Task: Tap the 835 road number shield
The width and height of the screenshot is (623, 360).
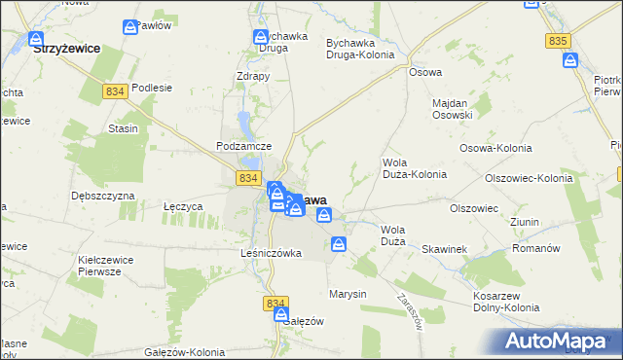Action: point(558,40)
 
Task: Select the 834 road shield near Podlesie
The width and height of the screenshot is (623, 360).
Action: point(115,90)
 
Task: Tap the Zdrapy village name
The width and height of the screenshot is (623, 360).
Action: point(252,76)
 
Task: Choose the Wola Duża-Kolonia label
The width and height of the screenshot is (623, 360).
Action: point(415,168)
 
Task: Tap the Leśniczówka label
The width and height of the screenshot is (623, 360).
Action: point(272,253)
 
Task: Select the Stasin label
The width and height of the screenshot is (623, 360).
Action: point(123,128)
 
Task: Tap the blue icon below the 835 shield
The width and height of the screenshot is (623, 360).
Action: point(571,62)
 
